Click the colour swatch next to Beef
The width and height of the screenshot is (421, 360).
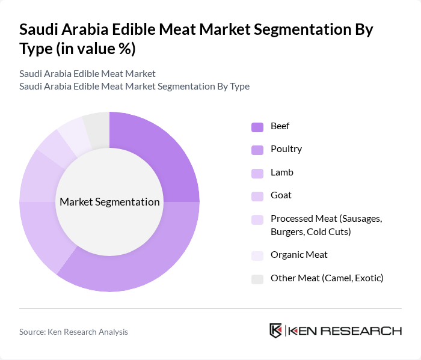[257, 127]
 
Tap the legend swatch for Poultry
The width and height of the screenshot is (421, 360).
[257, 150]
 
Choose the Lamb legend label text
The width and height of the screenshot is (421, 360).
[282, 172]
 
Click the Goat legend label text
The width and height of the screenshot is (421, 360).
[281, 195]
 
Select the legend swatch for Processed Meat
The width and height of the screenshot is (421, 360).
[257, 219]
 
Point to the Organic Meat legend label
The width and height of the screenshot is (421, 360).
[299, 255]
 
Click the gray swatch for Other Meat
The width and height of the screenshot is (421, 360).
[257, 278]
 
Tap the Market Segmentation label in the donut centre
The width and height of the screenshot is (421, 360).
[109, 202]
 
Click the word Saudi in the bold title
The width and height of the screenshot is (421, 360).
[38, 30]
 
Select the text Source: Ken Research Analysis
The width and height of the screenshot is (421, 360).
[73, 332]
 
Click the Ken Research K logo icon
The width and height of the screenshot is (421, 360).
[276, 331]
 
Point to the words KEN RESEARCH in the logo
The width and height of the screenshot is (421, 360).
[343, 331]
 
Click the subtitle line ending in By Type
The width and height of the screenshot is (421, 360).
[134, 86]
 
